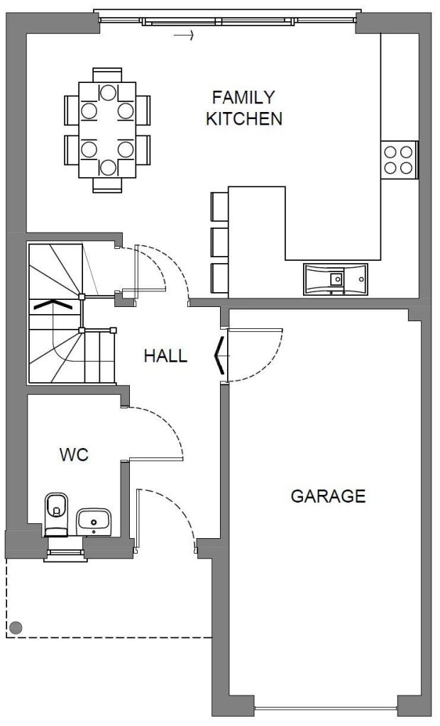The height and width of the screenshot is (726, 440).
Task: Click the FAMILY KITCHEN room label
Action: (x=243, y=108)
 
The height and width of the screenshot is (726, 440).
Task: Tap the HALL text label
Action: (x=165, y=356)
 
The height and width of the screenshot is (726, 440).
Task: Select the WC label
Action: (x=74, y=455)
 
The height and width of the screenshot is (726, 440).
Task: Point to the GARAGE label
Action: (x=328, y=496)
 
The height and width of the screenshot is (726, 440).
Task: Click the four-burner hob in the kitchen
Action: (x=398, y=160)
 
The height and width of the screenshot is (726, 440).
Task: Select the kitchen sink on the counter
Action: (x=336, y=278)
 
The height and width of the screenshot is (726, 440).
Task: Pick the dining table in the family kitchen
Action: (x=107, y=130)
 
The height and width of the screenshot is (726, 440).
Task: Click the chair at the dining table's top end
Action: (x=107, y=74)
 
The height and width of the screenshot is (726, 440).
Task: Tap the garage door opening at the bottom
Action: (x=326, y=708)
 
